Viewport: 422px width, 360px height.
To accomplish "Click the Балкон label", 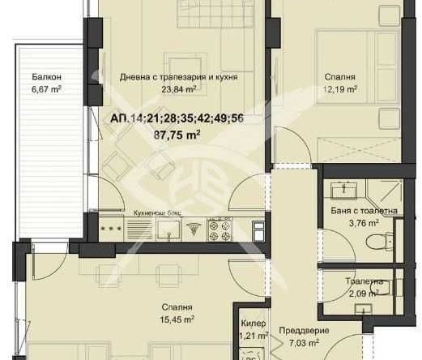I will [x=46, y=77].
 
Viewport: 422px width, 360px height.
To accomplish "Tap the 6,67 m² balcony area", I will [x=46, y=89].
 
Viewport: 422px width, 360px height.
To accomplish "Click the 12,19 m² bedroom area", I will [x=339, y=89].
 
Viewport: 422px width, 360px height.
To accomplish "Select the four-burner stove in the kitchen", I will [x=218, y=230].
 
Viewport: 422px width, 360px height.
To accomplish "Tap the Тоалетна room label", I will [x=362, y=282].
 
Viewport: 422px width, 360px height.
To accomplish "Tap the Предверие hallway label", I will [x=297, y=330].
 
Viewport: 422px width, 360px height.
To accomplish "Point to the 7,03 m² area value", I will [x=297, y=342].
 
